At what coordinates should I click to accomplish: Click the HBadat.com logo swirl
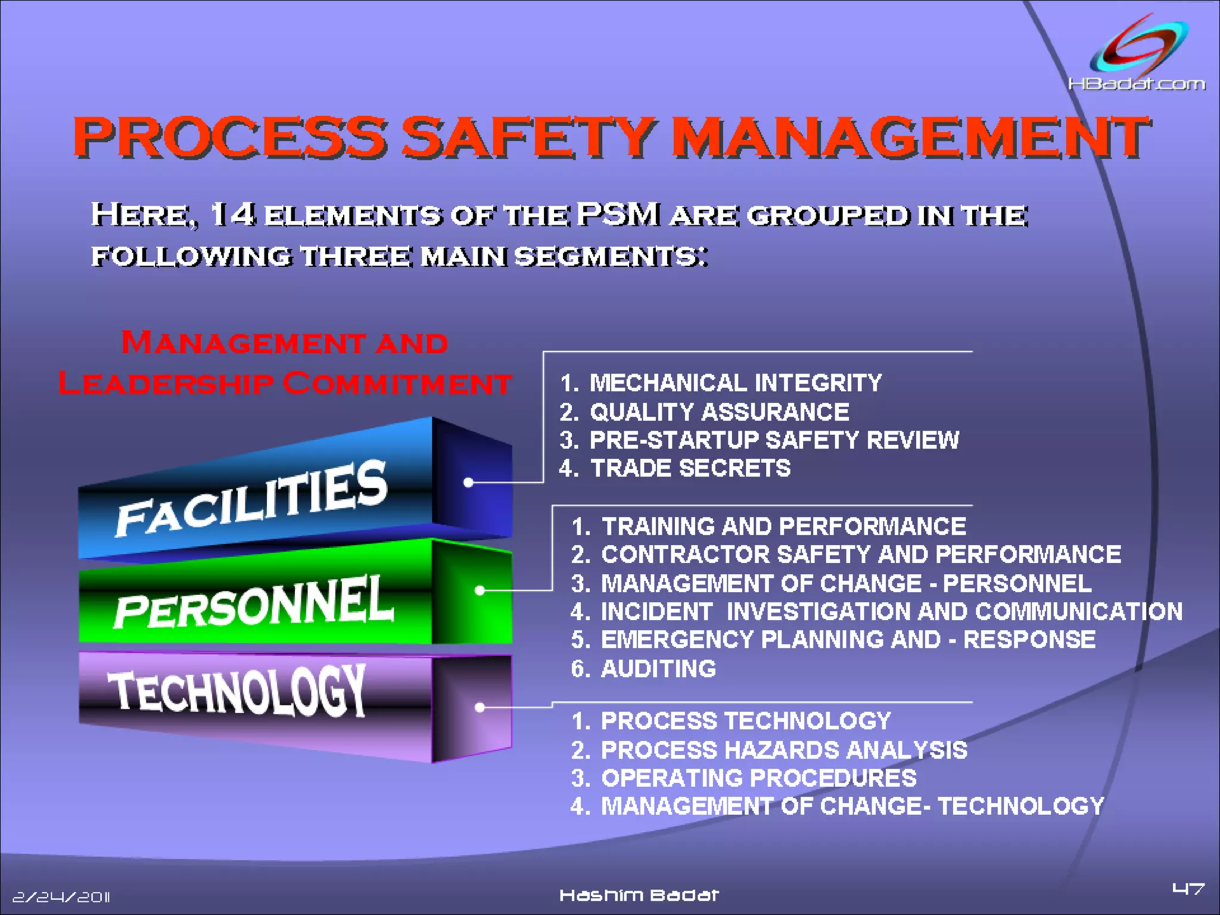tap(1138, 48)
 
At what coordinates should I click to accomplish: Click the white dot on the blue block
tap(468, 483)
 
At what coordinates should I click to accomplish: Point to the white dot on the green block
tap(480, 590)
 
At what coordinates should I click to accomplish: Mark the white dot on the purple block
tap(480, 707)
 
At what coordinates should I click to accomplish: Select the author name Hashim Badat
tap(639, 895)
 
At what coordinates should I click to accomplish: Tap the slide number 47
tap(1188, 890)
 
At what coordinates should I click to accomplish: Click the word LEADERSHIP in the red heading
tap(166, 383)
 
